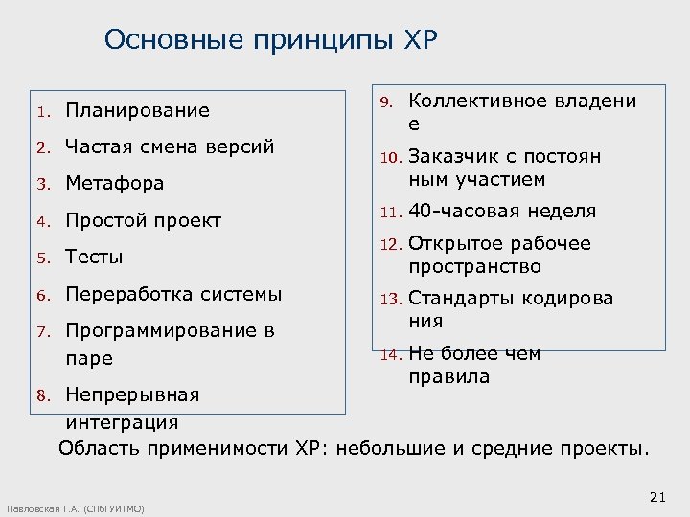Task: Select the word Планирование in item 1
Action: point(137,110)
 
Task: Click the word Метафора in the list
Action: point(114,183)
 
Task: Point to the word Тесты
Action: point(94,257)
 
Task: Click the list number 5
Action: point(42,258)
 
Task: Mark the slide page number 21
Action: point(656,496)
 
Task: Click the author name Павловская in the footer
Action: point(33,508)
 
